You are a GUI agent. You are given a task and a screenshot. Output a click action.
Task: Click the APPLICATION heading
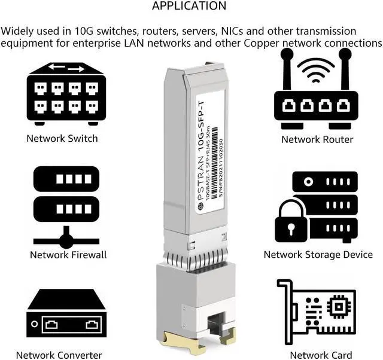pos(189,7)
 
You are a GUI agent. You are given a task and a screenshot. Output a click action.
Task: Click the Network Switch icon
pos(66,93)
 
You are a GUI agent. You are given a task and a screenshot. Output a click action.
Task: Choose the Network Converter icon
pos(66,315)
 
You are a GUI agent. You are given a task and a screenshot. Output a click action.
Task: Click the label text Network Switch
pos(62,139)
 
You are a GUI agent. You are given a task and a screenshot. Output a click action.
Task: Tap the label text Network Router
pos(317,139)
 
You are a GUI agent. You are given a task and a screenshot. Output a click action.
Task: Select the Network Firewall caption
pos(68,255)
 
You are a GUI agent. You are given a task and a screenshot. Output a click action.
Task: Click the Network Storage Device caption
pos(318,255)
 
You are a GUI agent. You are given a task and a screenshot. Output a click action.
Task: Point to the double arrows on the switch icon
pos(66,68)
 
